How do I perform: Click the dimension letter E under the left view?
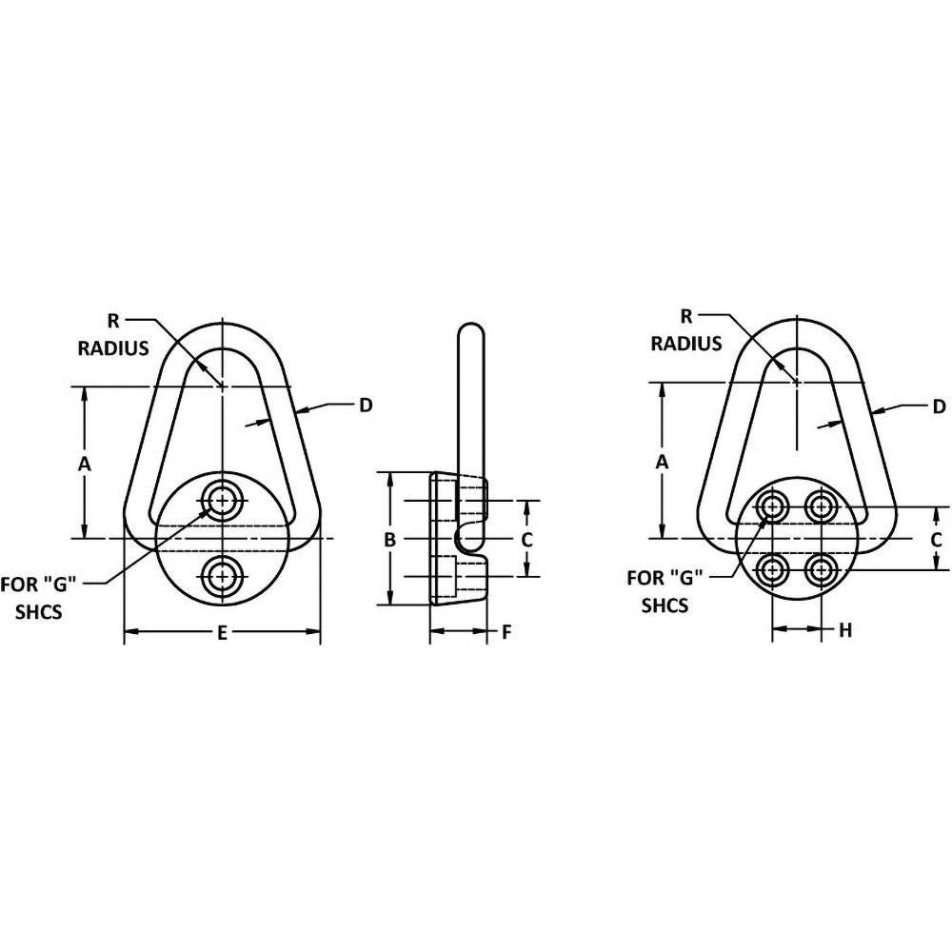pos(221,632)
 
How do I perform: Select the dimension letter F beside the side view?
pos(506,631)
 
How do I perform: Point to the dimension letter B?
pos(388,539)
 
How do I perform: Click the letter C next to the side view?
pos(526,539)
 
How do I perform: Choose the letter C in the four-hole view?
pos(936,539)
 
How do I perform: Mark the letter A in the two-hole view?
pos(84,464)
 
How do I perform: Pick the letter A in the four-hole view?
pos(661,462)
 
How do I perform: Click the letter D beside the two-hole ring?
pos(365,406)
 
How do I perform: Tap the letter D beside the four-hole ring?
pos(938,407)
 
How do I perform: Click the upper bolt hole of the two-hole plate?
pos(222,500)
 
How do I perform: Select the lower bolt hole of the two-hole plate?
pos(222,574)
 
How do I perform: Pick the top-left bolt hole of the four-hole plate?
pos(771,506)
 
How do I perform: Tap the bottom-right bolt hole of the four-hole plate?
pos(821,570)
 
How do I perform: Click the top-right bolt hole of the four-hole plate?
pos(821,506)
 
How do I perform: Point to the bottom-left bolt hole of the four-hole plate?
pos(771,570)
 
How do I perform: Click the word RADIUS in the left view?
pos(113,348)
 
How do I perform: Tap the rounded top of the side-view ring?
pos(470,333)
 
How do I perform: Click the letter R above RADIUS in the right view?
pos(686,315)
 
